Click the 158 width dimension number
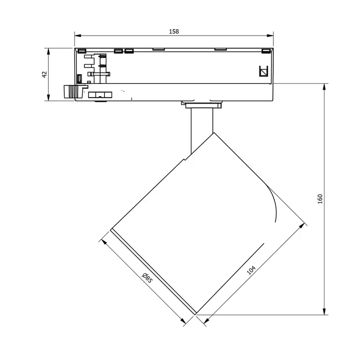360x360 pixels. point(174,31)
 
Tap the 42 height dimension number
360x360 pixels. point(45,75)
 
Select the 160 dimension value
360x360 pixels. point(320,199)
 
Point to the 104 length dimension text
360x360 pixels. point(251,270)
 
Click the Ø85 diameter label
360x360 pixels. point(147,278)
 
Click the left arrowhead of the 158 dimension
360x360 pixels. point(78,36)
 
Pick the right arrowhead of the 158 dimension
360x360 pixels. point(270,36)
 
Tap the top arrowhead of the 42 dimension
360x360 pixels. point(48,52)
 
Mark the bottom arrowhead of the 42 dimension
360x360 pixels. point(48,97)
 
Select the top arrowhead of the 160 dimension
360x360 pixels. point(324,87)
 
